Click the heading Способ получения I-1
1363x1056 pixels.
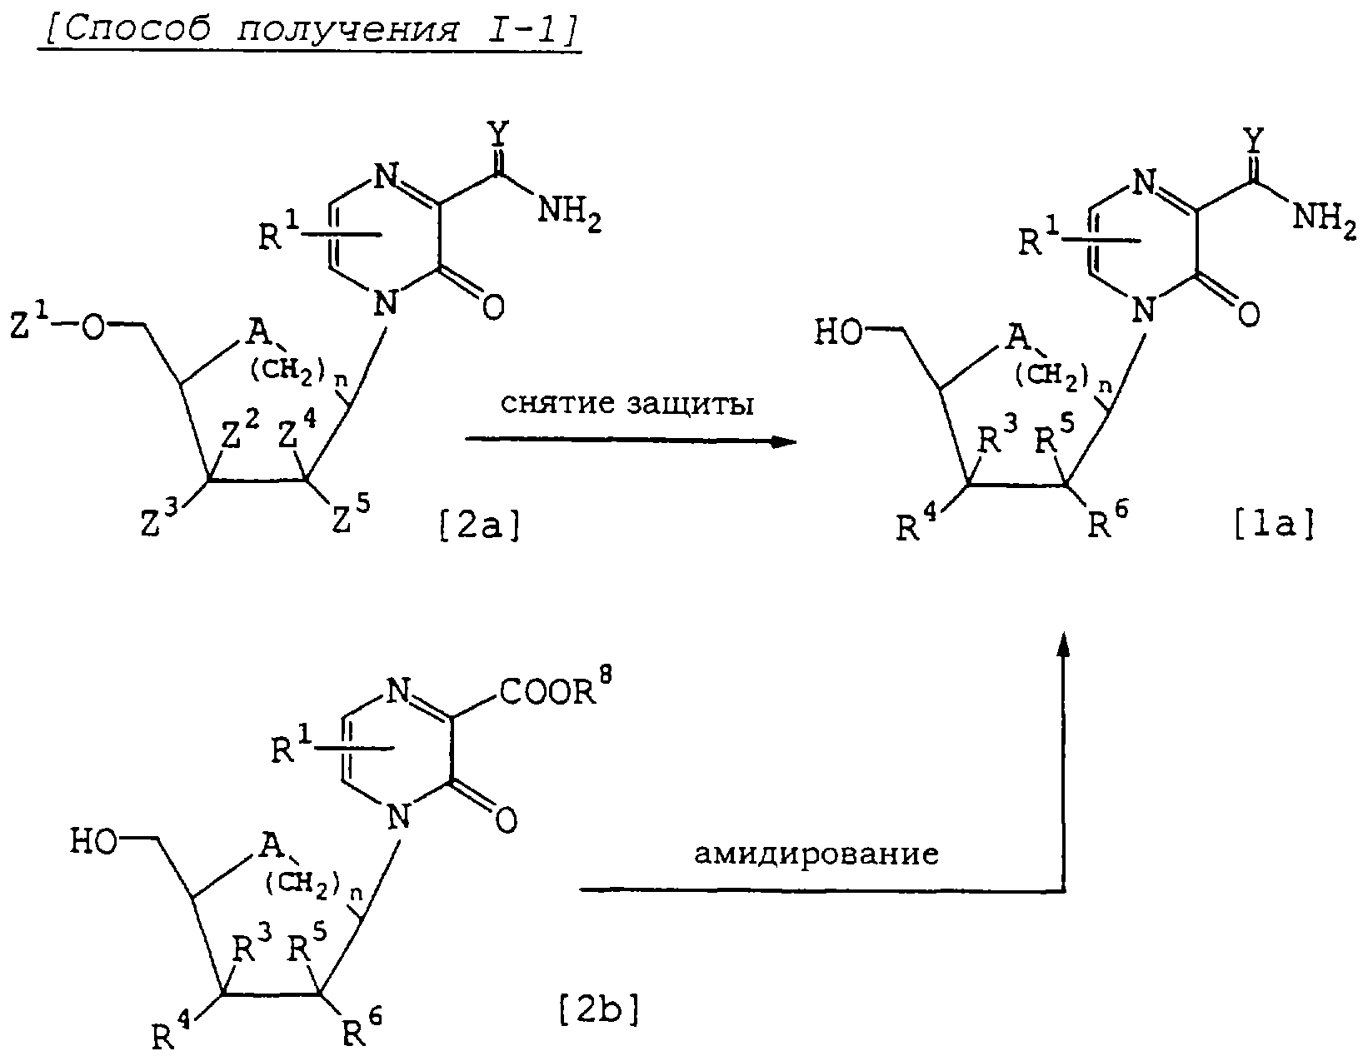pos(309,29)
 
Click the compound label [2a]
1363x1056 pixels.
pos(479,526)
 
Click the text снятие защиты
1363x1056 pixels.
pos(627,404)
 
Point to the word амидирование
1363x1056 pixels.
pos(816,854)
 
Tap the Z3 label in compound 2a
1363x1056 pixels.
pos(159,518)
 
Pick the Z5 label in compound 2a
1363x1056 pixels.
pos(350,514)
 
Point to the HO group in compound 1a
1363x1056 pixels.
pos(838,332)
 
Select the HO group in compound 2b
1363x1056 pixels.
pos(93,841)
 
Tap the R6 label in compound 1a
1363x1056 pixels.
pos(1108,521)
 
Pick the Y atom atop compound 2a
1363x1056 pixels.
pos(499,132)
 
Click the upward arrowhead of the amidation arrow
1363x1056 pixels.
pos(1063,645)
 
